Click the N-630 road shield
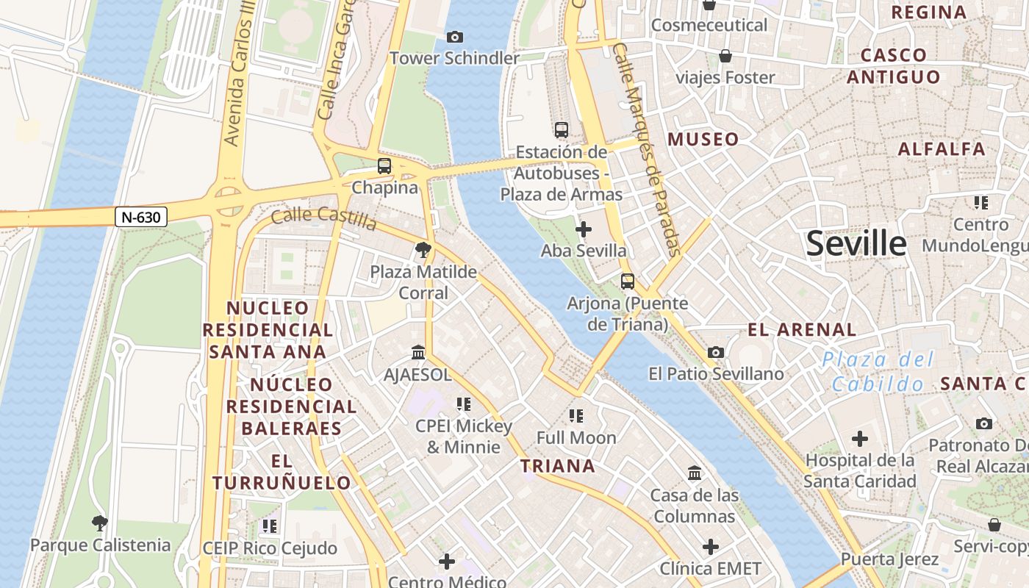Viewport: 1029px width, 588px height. [141, 217]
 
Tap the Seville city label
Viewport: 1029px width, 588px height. [856, 243]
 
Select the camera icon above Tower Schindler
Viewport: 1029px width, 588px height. [455, 37]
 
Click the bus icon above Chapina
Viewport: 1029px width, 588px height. [384, 166]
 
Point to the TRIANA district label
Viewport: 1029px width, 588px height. [557, 466]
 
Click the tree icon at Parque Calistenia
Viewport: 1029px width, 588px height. [100, 523]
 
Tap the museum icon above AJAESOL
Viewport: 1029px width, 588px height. [418, 353]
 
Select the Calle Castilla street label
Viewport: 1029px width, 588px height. [323, 218]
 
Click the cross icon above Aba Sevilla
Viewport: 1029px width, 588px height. [584, 229]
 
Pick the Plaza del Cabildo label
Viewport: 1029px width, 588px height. [878, 371]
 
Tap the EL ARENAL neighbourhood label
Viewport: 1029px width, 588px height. [802, 329]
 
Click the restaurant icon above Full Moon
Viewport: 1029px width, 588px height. [576, 416]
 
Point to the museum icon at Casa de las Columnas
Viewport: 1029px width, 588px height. [695, 473]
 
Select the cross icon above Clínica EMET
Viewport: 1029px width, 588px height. [710, 547]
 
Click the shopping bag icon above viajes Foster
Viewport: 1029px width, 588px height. [725, 56]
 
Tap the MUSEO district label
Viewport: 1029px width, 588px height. [703, 139]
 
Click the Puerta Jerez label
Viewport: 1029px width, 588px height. [889, 559]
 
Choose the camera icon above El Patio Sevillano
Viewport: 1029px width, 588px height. [716, 353]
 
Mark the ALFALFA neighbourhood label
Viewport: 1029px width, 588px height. [942, 149]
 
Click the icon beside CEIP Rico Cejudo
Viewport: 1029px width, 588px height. [270, 526]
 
